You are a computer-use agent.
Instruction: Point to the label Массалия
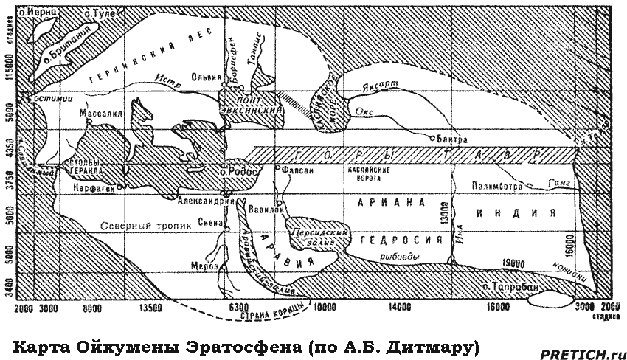100,114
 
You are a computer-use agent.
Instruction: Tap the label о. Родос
238,172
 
